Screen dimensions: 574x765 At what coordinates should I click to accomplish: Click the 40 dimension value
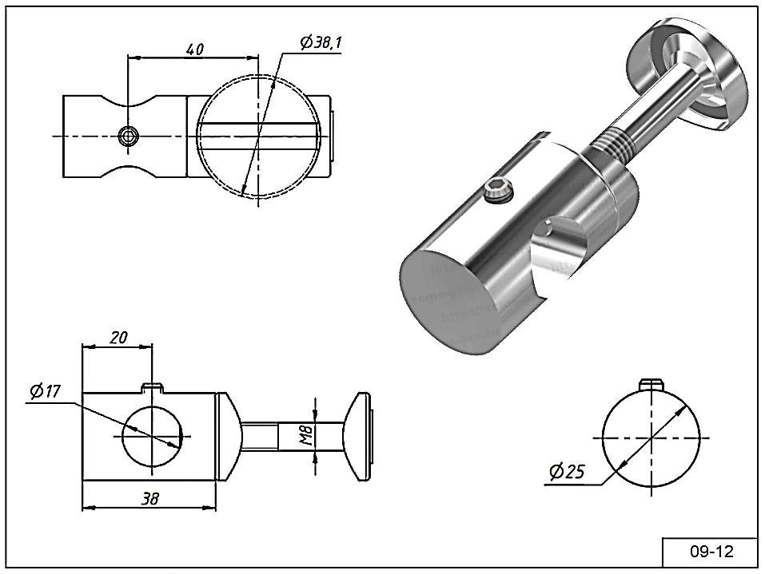194,49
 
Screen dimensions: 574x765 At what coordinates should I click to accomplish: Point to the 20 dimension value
118,338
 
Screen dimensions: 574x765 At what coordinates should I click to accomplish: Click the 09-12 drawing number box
710,552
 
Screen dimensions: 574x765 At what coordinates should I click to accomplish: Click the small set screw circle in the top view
126,136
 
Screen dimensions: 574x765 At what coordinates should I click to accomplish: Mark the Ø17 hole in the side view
152,436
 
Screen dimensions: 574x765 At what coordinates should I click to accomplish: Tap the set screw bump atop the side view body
153,388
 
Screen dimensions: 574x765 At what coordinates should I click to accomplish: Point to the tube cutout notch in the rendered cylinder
560,247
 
